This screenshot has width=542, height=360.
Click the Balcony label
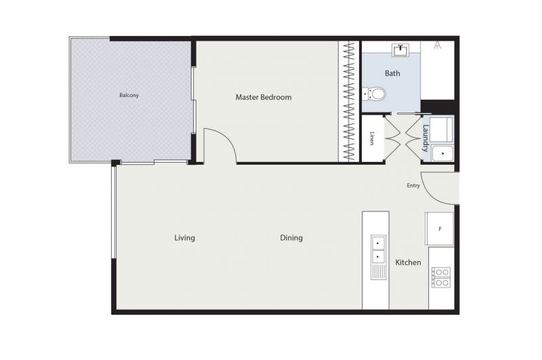(x=129, y=95)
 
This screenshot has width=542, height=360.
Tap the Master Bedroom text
(x=264, y=97)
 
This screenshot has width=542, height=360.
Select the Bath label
(x=392, y=73)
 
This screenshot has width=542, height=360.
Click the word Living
(x=184, y=238)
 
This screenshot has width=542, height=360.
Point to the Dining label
(x=291, y=238)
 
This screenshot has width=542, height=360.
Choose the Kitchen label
(x=408, y=262)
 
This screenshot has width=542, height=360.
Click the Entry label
(x=413, y=186)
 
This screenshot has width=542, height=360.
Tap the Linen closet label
(x=371, y=138)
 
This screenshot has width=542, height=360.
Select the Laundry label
(x=425, y=138)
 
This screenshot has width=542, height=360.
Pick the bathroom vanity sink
(x=400, y=50)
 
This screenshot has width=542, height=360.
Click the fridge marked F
(x=439, y=229)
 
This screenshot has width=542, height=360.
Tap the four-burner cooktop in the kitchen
(x=441, y=278)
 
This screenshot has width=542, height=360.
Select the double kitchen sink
(x=378, y=257)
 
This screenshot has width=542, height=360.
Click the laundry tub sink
(x=443, y=153)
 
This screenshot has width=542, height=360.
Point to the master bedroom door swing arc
(x=226, y=138)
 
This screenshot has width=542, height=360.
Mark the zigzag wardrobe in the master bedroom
(x=349, y=101)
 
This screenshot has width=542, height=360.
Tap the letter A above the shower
(x=437, y=45)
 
